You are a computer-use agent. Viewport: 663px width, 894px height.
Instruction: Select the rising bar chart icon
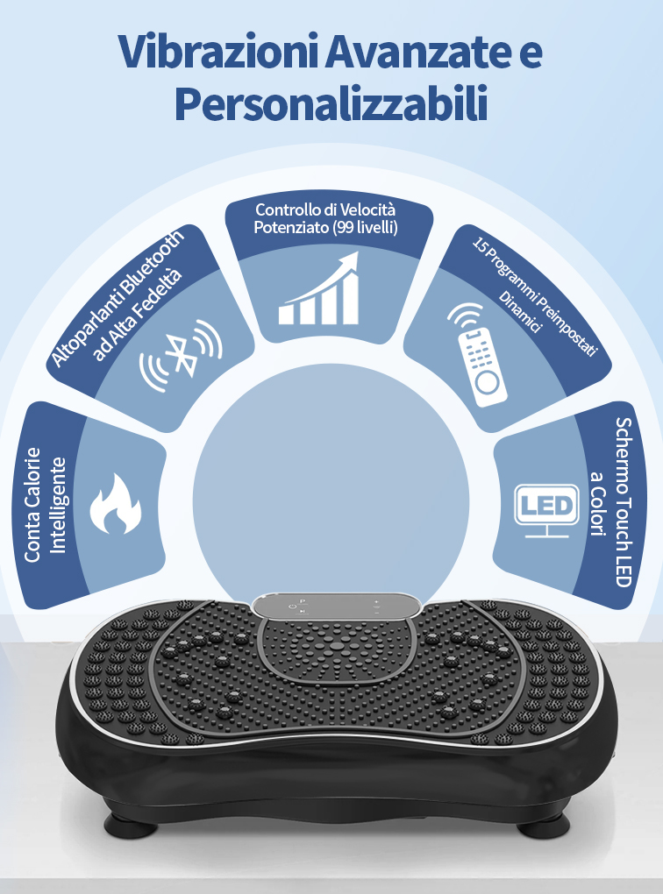320,290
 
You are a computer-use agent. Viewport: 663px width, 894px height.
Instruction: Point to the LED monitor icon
546,508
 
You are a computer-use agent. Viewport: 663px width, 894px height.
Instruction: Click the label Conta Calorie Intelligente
45,504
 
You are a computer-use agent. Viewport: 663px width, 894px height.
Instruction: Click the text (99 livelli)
363,228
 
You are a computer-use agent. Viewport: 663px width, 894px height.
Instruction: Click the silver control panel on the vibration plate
338,607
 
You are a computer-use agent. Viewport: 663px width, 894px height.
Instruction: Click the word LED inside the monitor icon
546,505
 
